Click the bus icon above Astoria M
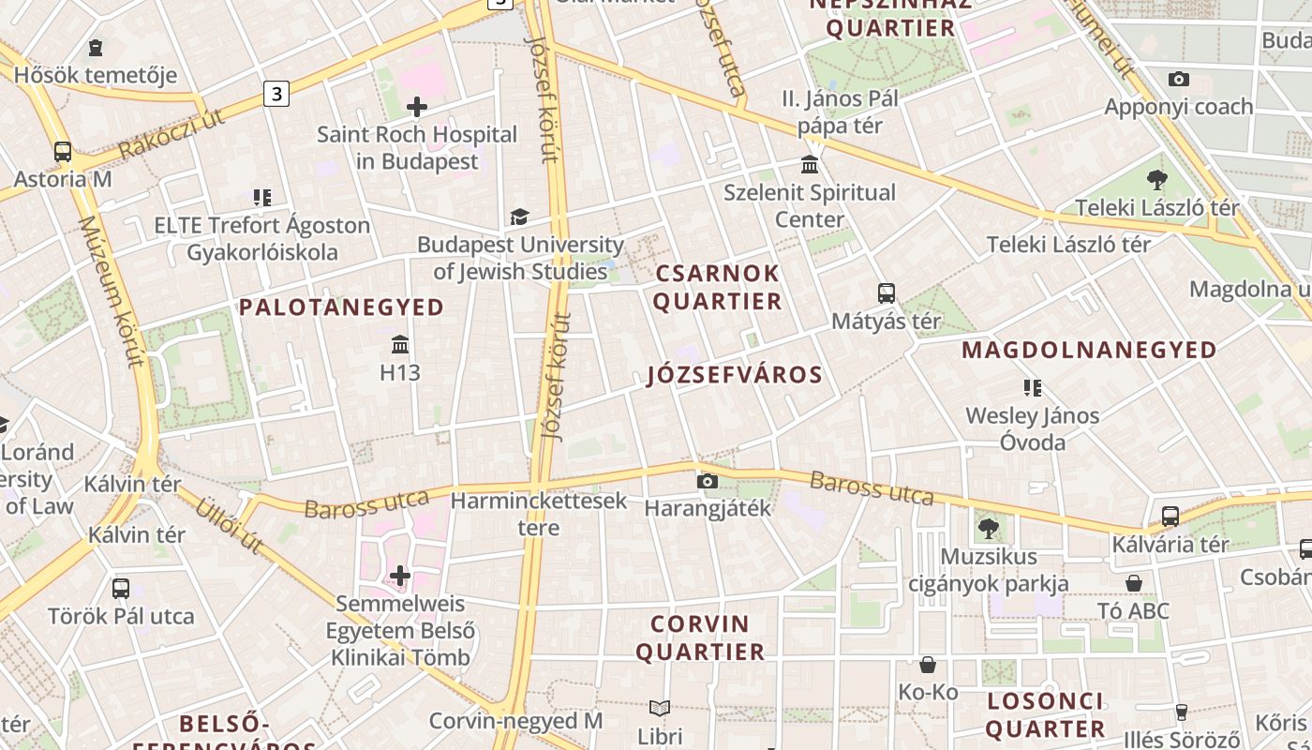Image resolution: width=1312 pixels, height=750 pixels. pos(63,151)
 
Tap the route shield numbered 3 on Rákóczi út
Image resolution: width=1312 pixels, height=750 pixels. pos(276,94)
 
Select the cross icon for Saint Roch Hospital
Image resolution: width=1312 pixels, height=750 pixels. pos(417,107)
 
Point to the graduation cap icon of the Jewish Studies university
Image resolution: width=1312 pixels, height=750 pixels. pos(519,217)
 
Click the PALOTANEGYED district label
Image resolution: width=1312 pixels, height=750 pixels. pos(341,307)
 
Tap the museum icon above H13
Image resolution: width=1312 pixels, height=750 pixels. pos(400,344)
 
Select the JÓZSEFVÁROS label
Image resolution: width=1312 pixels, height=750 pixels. pos(735,375)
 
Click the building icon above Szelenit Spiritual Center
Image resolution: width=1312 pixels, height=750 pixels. pos(810,166)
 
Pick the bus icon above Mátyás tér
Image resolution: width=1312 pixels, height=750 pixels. pos(886,293)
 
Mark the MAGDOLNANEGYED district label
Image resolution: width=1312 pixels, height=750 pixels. pos(1089,350)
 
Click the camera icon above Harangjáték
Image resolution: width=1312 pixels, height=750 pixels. pos(708,481)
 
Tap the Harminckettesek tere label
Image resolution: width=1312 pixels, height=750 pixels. pos(539,514)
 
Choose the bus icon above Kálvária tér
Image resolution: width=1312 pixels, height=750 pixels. pos(1170,516)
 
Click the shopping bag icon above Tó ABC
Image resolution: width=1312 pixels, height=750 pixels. pos(1134,583)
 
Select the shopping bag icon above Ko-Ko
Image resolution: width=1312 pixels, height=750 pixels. pos(928,665)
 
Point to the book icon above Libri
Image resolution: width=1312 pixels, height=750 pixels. pos(660,708)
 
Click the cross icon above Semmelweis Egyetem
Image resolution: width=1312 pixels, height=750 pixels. pos(400,575)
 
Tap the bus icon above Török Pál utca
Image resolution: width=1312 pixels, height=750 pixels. pos(121,589)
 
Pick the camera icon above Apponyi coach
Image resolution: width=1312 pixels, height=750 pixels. pos(1179,79)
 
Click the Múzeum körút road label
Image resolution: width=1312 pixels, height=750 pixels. pos(112,290)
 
